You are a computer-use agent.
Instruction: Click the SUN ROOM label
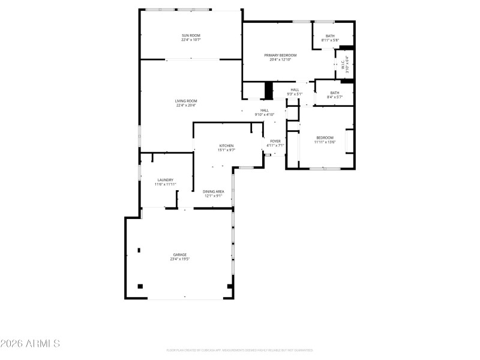tap(191, 35)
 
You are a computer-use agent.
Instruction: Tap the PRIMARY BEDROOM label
tap(280, 55)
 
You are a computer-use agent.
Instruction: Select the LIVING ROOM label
tap(185, 101)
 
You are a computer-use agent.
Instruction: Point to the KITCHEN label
tap(226, 146)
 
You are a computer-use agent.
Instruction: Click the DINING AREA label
tap(214, 191)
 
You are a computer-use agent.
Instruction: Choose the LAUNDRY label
tap(165, 180)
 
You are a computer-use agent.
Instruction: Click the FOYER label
tap(275, 141)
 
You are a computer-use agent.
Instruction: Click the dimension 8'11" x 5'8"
tap(330, 40)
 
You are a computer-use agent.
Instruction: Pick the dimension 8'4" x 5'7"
tap(334, 97)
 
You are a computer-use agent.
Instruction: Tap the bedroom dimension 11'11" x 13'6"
tap(325, 142)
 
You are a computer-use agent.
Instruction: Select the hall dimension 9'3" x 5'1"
tap(295, 94)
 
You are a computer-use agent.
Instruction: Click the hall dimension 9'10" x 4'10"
tap(265, 114)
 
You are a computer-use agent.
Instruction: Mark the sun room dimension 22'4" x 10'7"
tap(191, 40)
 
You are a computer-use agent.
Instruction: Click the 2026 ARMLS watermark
tap(30, 344)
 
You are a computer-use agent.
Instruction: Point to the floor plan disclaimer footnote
tap(240, 350)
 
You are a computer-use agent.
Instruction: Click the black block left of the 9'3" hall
tap(269, 90)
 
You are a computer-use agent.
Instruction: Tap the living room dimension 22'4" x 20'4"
tap(185, 106)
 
